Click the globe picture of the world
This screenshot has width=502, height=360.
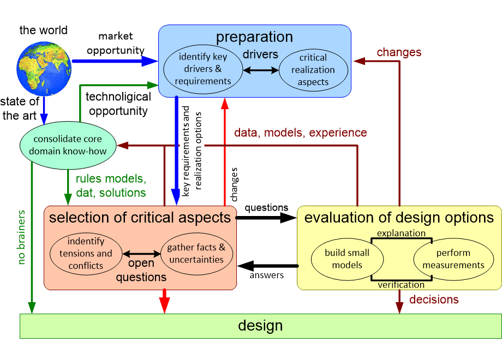click(44, 69)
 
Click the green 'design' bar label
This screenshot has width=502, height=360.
click(260, 326)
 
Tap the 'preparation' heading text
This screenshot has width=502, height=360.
click(254, 37)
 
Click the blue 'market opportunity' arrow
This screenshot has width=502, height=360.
click(115, 61)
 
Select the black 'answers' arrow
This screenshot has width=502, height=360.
click(268, 266)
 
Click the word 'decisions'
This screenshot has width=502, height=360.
click(434, 299)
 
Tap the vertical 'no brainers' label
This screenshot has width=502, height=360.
click(21, 237)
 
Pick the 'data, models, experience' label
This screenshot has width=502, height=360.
click(300, 133)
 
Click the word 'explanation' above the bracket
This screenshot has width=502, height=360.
click(401, 233)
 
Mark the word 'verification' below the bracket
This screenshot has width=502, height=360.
click(401, 285)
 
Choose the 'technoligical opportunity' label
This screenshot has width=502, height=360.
click(118, 104)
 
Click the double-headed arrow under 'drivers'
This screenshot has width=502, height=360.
click(261, 70)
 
